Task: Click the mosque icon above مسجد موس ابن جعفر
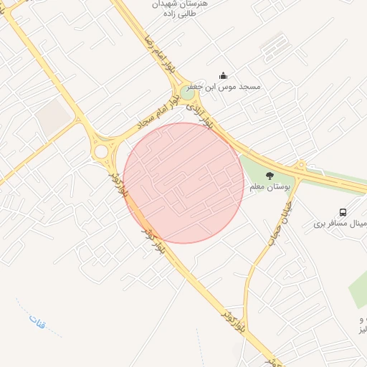point(223,75)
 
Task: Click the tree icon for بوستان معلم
point(270,176)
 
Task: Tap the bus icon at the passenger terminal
point(343,212)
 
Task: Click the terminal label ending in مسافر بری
point(340,224)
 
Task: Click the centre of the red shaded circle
point(184,183)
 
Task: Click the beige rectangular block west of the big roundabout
point(52,117)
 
